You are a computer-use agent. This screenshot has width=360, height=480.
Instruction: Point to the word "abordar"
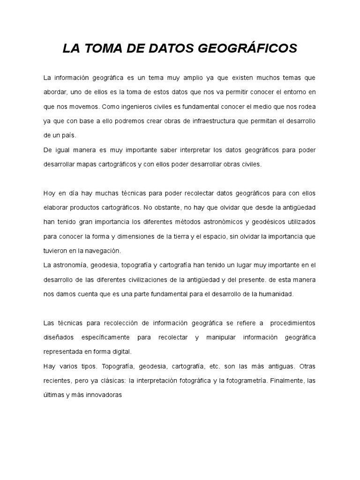56,91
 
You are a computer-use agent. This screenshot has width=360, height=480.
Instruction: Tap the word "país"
68,135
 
